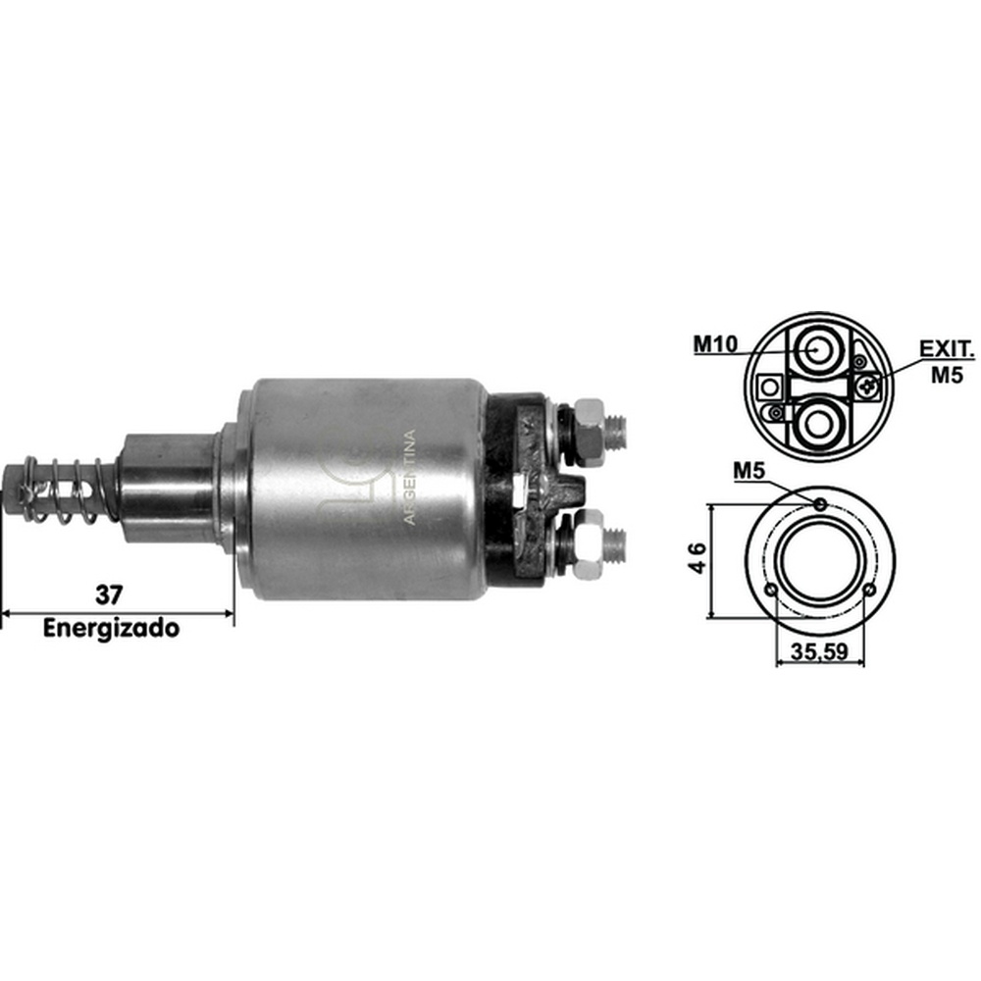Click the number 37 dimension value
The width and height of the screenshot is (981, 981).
tap(110, 594)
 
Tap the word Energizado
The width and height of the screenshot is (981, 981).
tap(111, 628)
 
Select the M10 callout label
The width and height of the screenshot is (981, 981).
tap(716, 343)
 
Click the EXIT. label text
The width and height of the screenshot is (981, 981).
tap(947, 348)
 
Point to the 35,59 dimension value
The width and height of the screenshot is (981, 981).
tap(819, 652)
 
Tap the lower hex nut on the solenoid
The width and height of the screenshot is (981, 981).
tap(588, 543)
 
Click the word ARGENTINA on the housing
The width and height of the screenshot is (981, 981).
tap(409, 477)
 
